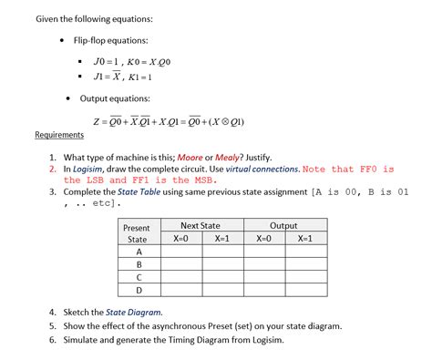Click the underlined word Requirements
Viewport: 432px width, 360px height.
tap(59, 135)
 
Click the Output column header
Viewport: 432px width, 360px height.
tap(283, 225)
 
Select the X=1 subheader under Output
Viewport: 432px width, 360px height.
tap(304, 238)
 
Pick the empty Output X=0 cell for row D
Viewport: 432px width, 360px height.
tap(263, 291)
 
